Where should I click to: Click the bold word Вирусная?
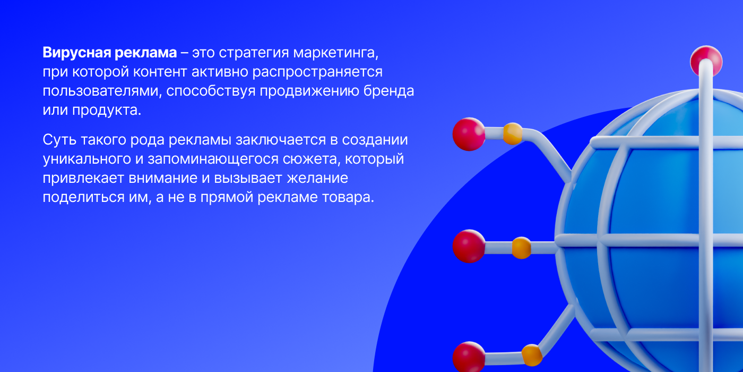tap(76, 53)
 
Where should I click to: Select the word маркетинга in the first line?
tap(335, 53)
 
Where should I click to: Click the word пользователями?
tap(102, 91)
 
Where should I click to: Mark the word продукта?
tap(107, 111)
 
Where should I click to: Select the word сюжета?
tap(312, 159)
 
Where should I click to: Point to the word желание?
tap(317, 178)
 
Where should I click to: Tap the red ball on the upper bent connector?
tap(469, 134)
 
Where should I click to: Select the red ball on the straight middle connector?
tap(469, 246)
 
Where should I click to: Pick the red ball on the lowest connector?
tap(469, 357)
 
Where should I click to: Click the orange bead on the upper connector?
tap(513, 133)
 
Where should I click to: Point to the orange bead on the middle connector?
tap(521, 248)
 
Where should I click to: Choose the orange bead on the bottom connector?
tap(532, 356)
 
